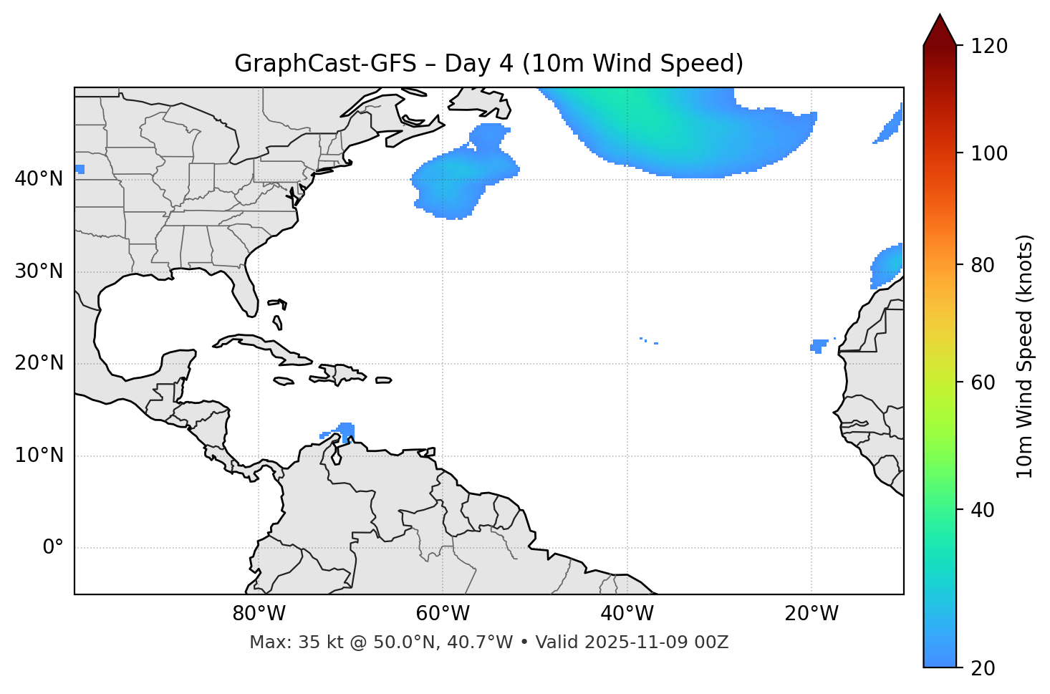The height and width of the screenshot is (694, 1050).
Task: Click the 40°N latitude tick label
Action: (39, 179)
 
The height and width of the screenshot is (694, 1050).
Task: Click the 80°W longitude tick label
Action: (259, 614)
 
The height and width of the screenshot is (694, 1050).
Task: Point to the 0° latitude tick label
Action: (52, 548)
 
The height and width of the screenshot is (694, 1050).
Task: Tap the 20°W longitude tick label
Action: (811, 614)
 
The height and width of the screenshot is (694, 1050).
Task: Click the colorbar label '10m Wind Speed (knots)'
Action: (1025, 356)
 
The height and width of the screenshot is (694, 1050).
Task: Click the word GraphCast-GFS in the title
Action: (325, 64)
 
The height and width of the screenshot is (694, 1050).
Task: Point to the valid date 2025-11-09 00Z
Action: (656, 642)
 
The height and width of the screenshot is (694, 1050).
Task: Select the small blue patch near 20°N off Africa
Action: (819, 345)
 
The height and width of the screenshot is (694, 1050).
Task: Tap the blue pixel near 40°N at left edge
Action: (80, 169)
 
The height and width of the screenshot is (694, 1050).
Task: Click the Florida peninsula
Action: (246, 294)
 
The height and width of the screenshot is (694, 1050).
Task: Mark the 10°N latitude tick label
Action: (39, 456)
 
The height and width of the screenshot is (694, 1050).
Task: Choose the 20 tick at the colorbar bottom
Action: (983, 668)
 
